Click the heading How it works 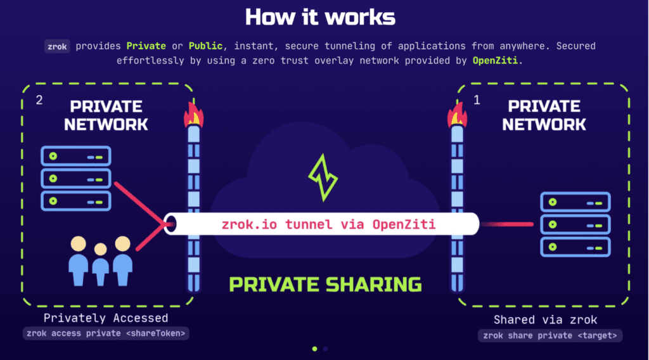coord(320,17)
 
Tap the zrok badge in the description coord(56,46)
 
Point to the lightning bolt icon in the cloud coord(324,179)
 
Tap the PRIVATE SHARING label coord(325,284)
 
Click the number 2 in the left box coord(39,100)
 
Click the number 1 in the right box coord(477,100)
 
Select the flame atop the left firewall coord(193,115)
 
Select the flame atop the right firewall coord(456,115)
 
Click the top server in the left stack coord(75,155)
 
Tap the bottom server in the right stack coord(575,245)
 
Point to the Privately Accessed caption coord(106,318)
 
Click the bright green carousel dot coord(315,348)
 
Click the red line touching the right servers coord(507,224)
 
